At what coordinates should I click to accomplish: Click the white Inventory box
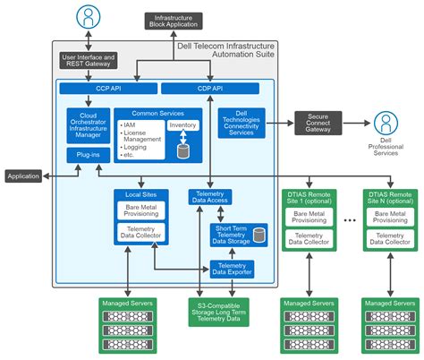tap(183, 124)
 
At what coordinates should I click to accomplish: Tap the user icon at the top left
tap(87, 16)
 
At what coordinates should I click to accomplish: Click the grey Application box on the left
tap(23, 176)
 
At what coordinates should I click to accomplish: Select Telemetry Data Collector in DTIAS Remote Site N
tap(389, 237)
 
